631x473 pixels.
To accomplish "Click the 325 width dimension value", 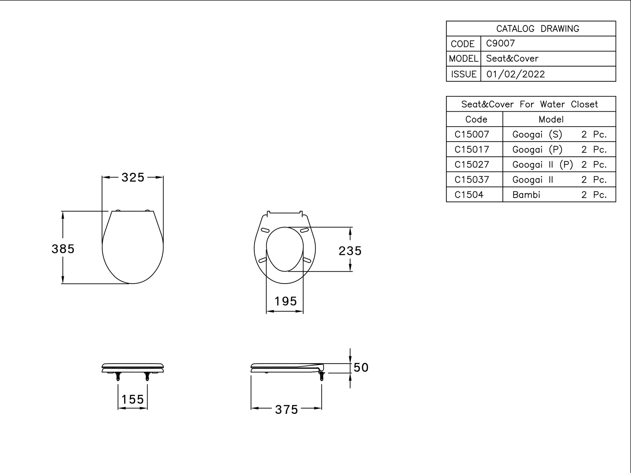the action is click(133, 177).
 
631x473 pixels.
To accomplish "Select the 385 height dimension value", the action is click(63, 249).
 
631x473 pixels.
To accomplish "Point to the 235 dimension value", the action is click(350, 251).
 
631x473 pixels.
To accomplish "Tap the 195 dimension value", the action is click(286, 301).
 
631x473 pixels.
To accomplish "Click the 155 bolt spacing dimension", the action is click(133, 399).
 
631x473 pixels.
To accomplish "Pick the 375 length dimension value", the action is click(286, 410).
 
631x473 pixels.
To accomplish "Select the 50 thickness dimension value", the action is click(361, 368).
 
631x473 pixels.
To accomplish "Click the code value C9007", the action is click(500, 43).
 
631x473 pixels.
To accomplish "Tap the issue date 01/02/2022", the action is click(516, 74).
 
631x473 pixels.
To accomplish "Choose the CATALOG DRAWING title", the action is click(538, 29).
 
